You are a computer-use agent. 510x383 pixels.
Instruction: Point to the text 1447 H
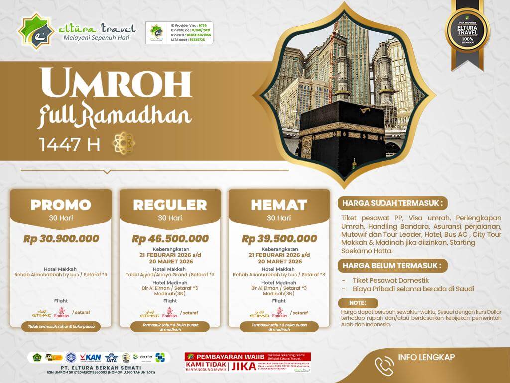(x=69, y=144)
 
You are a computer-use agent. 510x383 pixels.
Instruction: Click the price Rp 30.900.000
(x=61, y=239)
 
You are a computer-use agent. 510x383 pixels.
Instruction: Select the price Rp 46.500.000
(x=170, y=239)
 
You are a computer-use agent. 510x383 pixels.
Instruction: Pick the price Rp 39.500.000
(x=279, y=239)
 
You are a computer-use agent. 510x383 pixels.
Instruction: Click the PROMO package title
(x=61, y=205)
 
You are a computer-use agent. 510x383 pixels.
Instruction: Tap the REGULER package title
(x=170, y=205)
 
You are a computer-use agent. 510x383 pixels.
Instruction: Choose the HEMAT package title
(x=279, y=205)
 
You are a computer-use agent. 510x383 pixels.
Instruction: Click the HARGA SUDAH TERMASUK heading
(x=391, y=203)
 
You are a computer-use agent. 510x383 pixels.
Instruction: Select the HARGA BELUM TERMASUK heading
(x=391, y=265)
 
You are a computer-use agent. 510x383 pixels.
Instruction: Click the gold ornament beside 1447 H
(x=125, y=143)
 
